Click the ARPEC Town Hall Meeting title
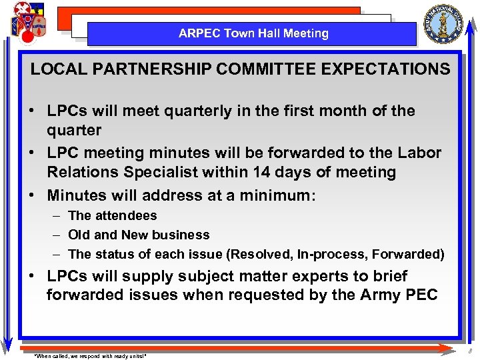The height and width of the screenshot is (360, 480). [253, 33]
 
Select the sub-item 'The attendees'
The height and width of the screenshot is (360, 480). [113, 215]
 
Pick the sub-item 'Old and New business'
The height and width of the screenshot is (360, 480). [139, 235]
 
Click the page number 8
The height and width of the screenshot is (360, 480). [469, 351]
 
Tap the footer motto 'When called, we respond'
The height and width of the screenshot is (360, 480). [90, 356]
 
